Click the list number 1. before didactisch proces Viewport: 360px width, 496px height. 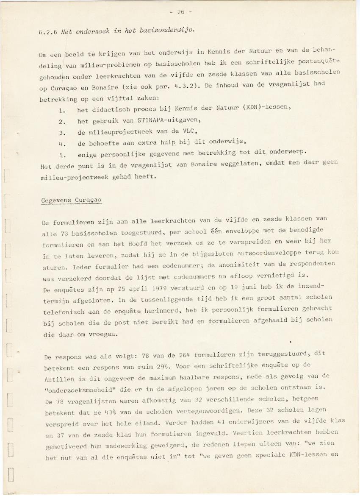pyautogui.click(x=61, y=111)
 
